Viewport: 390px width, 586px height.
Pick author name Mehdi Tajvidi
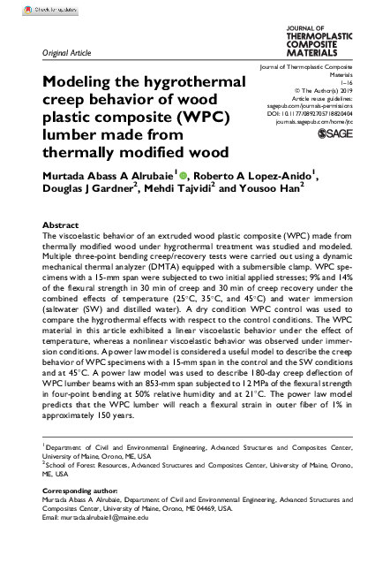[x=176, y=190]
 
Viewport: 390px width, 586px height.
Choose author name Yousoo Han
[x=269, y=190]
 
